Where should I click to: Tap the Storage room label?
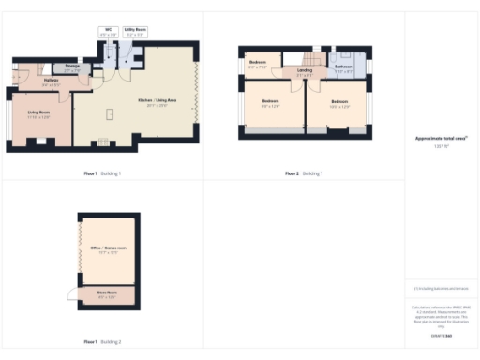(x=71, y=68)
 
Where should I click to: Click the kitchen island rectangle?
(x=111, y=113)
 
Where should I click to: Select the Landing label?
(x=305, y=71)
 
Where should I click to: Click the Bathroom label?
(x=343, y=67)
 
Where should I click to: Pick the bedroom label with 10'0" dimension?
(x=339, y=103)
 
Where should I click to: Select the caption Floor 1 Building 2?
(x=102, y=341)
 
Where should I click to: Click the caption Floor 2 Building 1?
(x=304, y=173)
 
